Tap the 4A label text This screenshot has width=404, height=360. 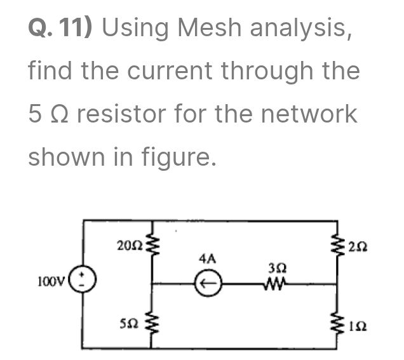[207, 259]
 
